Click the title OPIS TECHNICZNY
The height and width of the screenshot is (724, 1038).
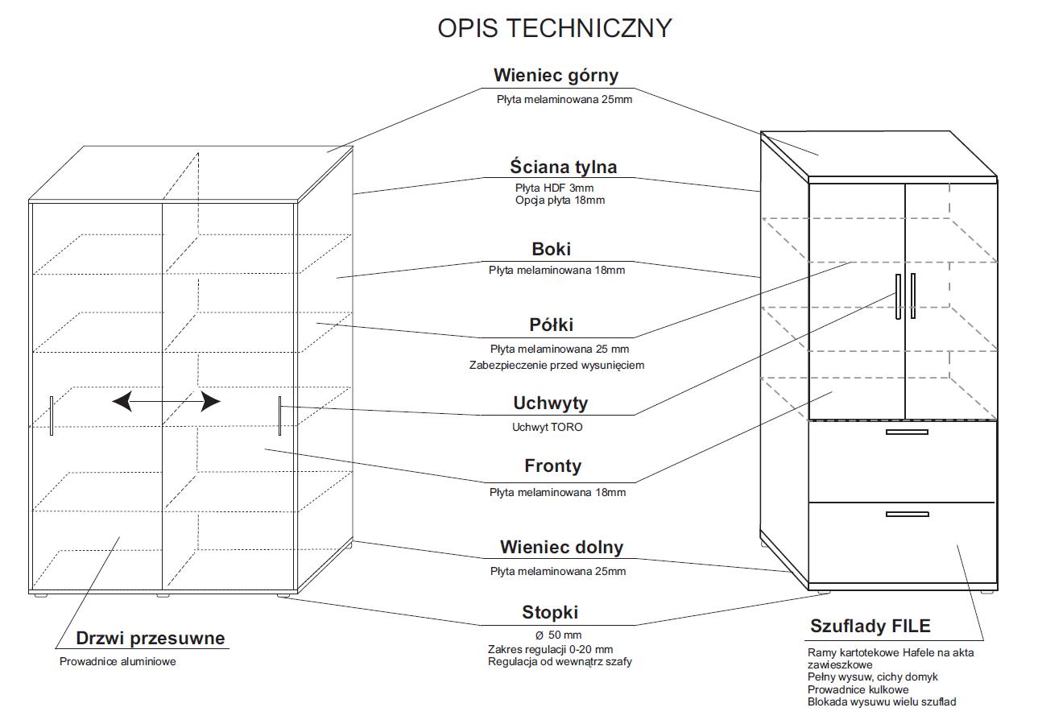click(x=554, y=27)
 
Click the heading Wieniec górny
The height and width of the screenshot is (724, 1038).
click(x=556, y=75)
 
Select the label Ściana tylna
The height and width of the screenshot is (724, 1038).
click(x=563, y=167)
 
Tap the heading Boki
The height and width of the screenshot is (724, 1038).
click(x=551, y=249)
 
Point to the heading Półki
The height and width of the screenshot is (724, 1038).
click(x=552, y=325)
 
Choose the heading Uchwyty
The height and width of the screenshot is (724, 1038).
click(x=550, y=403)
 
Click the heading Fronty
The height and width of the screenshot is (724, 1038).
click(x=552, y=465)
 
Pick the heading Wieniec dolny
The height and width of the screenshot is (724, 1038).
click(x=561, y=547)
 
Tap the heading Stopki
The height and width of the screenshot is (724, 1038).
click(x=550, y=612)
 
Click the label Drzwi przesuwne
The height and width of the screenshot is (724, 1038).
click(x=151, y=639)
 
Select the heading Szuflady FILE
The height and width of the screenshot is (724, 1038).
click(x=870, y=626)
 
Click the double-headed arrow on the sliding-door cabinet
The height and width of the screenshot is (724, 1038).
click(x=166, y=400)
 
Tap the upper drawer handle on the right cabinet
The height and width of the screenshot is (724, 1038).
click(x=907, y=432)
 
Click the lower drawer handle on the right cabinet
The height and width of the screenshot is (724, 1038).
click(x=907, y=514)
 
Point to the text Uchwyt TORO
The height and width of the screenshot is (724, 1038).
click(x=547, y=427)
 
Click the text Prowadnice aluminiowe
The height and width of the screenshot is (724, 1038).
click(x=118, y=662)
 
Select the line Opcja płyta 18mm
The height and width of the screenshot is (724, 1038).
click(x=560, y=200)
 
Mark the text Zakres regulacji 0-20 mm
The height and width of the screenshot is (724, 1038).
click(x=550, y=649)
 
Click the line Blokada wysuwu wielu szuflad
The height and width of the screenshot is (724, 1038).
click(x=882, y=701)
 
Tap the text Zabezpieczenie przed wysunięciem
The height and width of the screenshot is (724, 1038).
click(x=556, y=365)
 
